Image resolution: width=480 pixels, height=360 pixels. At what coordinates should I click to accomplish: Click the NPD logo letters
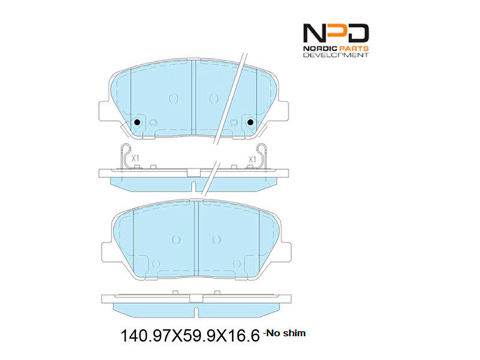pos(336,33)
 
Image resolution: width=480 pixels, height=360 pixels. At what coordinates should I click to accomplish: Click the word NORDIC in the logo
pos(319,49)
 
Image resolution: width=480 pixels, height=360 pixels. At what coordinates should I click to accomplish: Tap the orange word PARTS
pos(353,49)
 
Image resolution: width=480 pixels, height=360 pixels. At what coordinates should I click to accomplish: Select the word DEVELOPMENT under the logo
pos(336,55)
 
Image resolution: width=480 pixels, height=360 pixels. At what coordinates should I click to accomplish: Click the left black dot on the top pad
pos(137,122)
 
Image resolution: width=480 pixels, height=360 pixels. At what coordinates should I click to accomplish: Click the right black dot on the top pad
pos(250,122)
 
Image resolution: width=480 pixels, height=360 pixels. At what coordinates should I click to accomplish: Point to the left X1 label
pos(135,158)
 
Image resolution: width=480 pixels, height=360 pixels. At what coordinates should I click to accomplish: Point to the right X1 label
pos(252,159)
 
